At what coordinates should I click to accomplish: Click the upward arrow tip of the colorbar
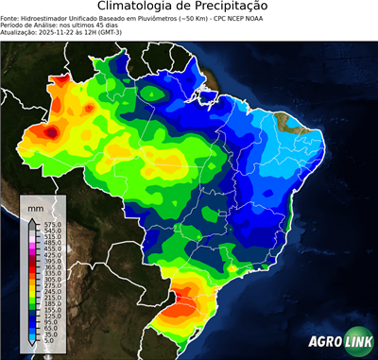[32, 219]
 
